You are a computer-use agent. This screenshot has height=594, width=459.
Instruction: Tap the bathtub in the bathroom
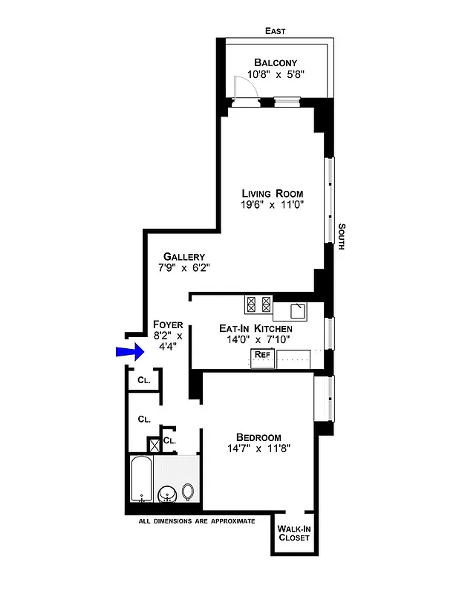coord(141,480)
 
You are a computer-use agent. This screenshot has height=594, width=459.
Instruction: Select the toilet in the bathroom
coord(188,492)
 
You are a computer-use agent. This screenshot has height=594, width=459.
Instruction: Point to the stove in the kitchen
coord(259,304)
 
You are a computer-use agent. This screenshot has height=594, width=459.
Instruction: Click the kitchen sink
coord(296,309)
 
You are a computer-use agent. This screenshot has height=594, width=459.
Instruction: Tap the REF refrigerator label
coord(261,355)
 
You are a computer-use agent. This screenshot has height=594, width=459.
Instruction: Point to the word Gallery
coord(184,257)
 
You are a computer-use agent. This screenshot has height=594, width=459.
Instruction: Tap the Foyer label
coord(167,324)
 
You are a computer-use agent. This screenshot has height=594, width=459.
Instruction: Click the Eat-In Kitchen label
coord(255,327)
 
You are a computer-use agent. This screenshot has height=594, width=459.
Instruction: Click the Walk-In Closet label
coord(293,533)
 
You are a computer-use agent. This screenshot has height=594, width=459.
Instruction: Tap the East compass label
coord(276,31)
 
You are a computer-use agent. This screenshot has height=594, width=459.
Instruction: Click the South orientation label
coord(342,237)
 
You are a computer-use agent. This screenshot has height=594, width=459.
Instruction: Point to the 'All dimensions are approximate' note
coord(197,521)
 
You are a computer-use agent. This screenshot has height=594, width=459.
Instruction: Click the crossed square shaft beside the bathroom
coord(154,446)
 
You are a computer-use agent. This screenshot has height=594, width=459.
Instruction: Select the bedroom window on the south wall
coord(323,398)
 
